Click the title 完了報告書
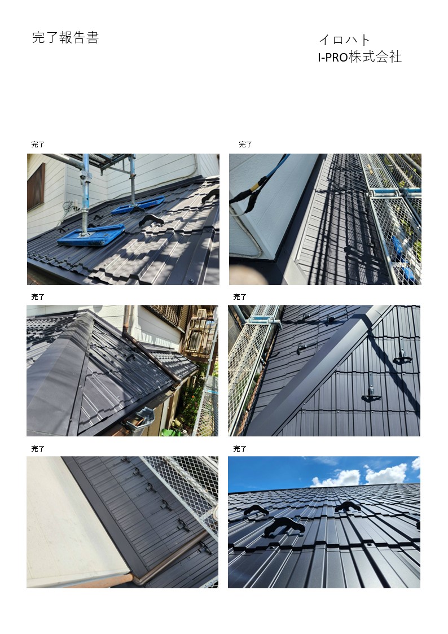coord(65,38)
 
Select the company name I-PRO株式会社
coord(359,56)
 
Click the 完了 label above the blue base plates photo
coord(38,145)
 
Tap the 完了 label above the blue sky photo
coord(240,449)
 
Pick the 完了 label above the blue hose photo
coord(245,145)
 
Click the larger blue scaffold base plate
coord(91,235)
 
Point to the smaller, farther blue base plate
coord(138,204)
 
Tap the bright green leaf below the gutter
coord(168,432)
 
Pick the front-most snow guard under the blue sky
coord(284,526)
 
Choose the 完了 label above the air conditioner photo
coord(38,297)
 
